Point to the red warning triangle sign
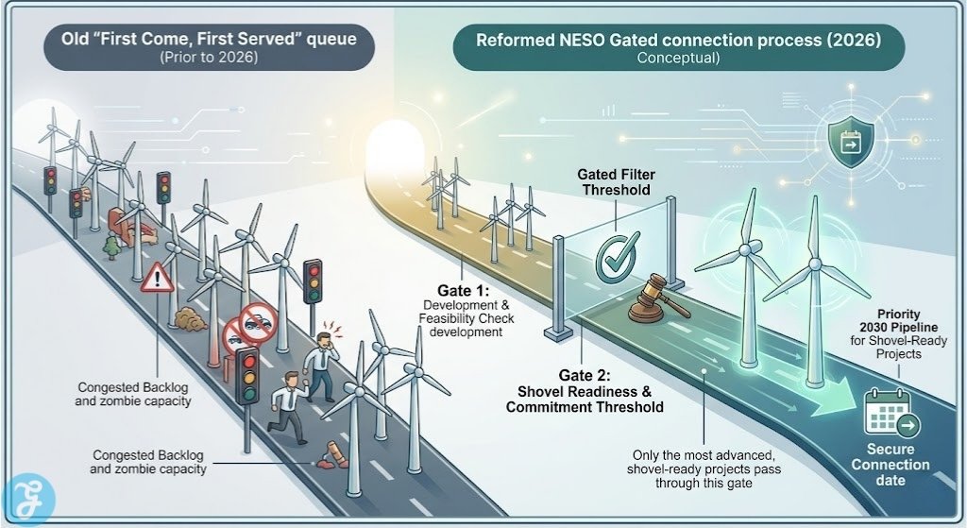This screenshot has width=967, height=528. click(x=156, y=280)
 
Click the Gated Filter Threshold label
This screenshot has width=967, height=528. click(x=616, y=182)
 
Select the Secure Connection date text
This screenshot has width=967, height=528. click(x=890, y=465)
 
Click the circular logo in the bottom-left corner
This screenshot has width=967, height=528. click(x=28, y=500)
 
